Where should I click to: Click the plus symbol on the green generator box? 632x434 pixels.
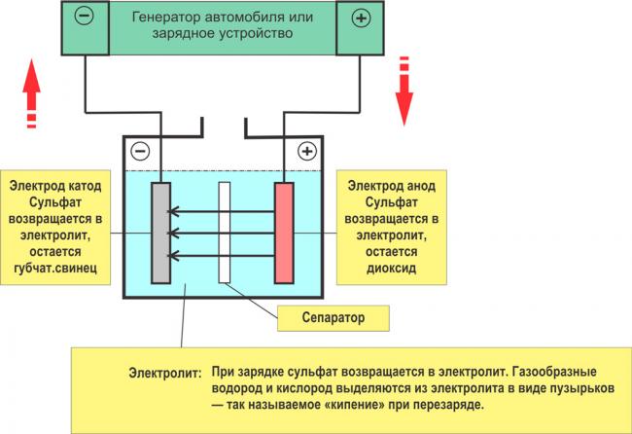point(359,18)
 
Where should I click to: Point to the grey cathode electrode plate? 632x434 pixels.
point(160,231)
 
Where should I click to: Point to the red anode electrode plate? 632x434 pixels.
point(284,231)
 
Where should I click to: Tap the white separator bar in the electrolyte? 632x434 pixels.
point(225,232)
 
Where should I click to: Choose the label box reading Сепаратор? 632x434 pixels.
point(333,316)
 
